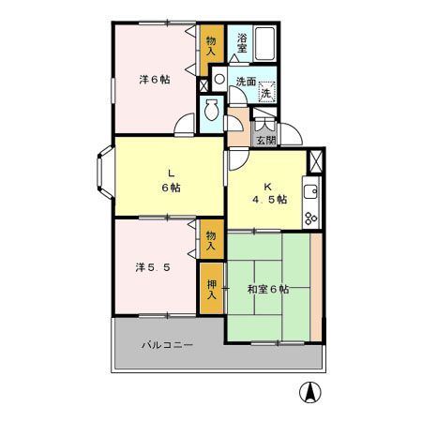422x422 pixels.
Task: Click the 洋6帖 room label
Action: click(155, 81)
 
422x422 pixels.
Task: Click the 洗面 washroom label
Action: click(246, 81)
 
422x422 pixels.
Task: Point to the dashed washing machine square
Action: click(266, 92)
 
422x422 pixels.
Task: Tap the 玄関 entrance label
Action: click(265, 141)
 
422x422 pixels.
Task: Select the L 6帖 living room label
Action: click(171, 179)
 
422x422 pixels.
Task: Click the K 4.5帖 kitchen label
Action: click(267, 192)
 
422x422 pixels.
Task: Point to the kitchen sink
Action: click(311, 194)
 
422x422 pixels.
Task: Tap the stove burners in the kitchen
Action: click(311, 219)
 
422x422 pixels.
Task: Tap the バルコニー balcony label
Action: click(167, 345)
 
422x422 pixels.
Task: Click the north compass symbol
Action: click(307, 394)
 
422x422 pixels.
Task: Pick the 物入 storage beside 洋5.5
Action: click(211, 241)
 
